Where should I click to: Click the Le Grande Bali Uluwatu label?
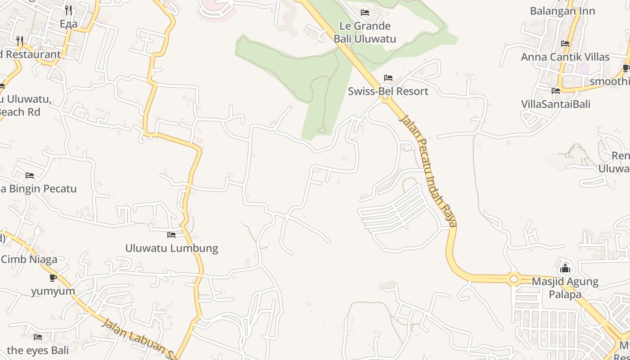pos(364,32)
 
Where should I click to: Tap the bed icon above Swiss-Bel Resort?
pos(388,78)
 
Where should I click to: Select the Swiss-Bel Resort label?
pos(388,91)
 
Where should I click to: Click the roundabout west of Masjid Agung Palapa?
pos(514,279)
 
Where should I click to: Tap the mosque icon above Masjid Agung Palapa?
pos(565,269)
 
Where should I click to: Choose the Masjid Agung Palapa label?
pos(565,288)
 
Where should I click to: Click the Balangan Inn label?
pos(562,11)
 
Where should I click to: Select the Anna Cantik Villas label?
pos(565,57)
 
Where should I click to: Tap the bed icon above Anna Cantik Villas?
pos(565,44)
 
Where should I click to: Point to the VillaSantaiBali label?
pos(556,104)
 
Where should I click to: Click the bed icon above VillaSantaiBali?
pos(556,91)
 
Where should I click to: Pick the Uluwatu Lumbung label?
pos(171,248)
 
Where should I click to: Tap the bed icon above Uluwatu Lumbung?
pos(171,234)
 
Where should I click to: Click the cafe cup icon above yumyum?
pos(53,278)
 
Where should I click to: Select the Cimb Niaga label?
pos(29,259)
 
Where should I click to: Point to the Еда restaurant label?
pos(68,23)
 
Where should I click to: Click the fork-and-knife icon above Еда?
pos(68,10)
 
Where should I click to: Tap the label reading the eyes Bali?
pos(38,350)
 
